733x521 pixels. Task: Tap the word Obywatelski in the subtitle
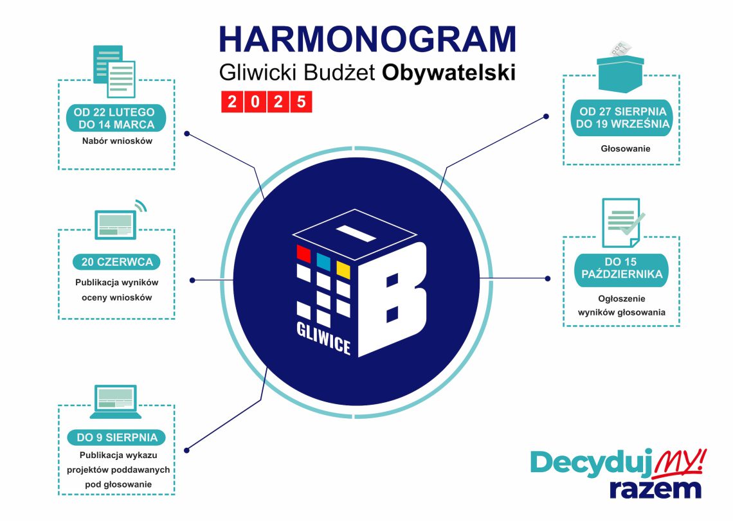[x=449, y=73]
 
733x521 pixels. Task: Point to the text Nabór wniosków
[x=116, y=141]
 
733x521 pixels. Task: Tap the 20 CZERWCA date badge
[x=116, y=261]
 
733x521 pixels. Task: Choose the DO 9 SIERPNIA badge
[x=116, y=437]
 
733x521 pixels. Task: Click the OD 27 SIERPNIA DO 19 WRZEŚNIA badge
[x=622, y=118]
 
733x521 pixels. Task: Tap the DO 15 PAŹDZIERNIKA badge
[x=621, y=269]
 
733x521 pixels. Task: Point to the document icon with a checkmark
[x=622, y=222]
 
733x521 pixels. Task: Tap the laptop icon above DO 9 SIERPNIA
[x=116, y=398]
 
